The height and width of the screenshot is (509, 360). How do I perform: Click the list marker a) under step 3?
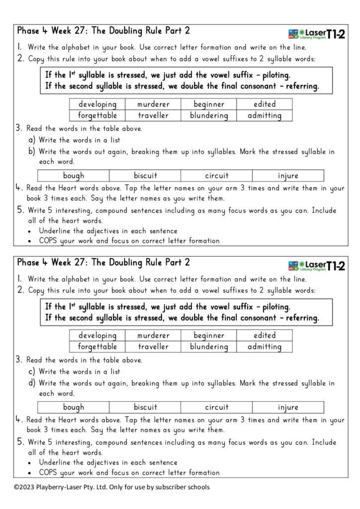pos(31,140)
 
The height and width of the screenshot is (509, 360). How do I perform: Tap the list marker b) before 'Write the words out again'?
pos(31,152)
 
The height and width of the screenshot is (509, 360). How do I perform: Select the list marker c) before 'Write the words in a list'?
pos(31,371)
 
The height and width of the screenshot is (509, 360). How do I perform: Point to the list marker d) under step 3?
pos(31,383)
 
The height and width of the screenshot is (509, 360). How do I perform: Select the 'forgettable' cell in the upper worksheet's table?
pos(97,116)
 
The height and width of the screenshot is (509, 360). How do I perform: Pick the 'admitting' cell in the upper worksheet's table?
pos(265,116)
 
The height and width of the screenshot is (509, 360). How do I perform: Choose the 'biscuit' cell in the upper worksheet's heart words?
pos(145,175)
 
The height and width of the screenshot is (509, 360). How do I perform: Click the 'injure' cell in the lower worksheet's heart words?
pos(288,408)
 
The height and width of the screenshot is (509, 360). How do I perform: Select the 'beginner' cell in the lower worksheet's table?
pos(209,336)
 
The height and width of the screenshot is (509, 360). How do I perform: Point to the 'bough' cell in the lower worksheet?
pos(74,408)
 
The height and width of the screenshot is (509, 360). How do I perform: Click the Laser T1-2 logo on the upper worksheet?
pos(316,33)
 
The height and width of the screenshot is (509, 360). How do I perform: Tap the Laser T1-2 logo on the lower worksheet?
pos(316,265)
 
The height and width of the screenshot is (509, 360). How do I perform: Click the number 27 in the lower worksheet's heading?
pos(74,262)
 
